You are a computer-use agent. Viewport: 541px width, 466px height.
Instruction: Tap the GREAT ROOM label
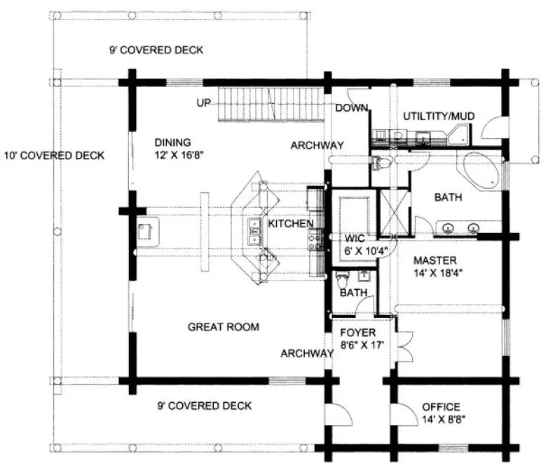[224, 327]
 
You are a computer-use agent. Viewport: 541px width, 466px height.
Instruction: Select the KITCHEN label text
[290, 223]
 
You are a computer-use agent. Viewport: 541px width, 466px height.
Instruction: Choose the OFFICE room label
[441, 407]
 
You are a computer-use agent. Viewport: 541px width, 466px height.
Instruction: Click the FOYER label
[358, 332]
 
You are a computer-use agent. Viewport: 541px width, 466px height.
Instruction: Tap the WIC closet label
[348, 237]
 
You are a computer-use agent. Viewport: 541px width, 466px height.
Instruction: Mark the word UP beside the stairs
[204, 103]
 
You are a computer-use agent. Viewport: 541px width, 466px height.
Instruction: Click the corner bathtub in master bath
[479, 168]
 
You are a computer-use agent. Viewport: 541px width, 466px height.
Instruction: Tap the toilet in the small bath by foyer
[342, 280]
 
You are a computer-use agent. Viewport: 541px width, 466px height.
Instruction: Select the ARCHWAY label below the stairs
[317, 145]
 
